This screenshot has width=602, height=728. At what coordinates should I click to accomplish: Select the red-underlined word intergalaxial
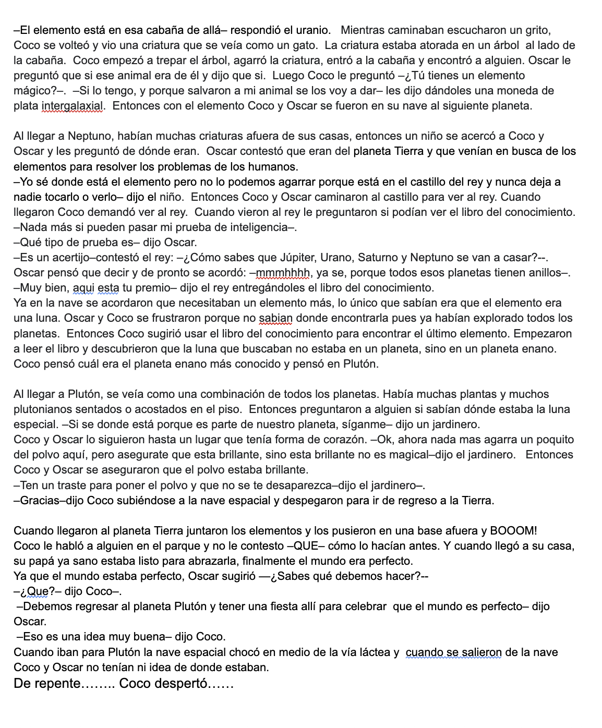click(73, 106)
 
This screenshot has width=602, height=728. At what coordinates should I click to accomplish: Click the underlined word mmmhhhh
click(283, 273)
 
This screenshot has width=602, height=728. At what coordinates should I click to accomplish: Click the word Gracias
click(38, 501)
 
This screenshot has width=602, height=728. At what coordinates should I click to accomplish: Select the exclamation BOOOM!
click(513, 531)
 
